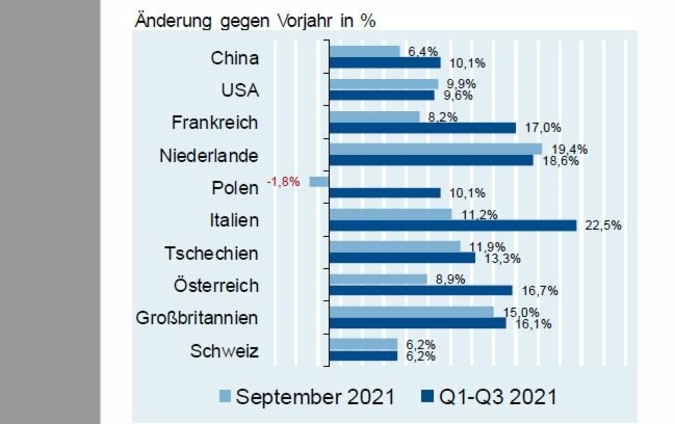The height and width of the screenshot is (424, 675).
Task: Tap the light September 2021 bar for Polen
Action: (319, 182)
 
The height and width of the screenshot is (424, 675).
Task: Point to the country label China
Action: (235, 58)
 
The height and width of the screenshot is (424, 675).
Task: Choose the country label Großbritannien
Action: (197, 318)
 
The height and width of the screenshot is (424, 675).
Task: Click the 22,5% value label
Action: (602, 226)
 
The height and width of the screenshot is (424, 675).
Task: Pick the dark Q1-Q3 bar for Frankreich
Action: (422, 128)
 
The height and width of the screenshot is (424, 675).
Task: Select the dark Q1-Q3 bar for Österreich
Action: (420, 290)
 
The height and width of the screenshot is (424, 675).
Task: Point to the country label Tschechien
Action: (210, 253)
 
